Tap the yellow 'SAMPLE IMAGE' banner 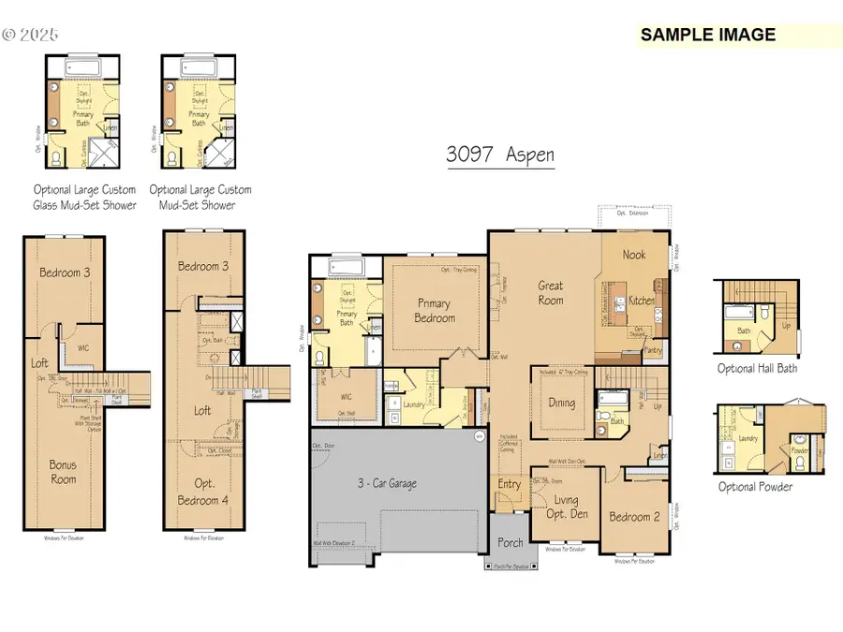708,36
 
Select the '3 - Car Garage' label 387,484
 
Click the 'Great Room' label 550,293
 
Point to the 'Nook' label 636,254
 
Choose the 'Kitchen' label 642,301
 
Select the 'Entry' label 510,484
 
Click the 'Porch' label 510,542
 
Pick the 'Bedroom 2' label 629,517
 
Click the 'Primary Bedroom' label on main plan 434,311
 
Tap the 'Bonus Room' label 64,471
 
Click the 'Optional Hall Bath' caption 756,369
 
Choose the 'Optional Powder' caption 755,487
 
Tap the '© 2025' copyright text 30,35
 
